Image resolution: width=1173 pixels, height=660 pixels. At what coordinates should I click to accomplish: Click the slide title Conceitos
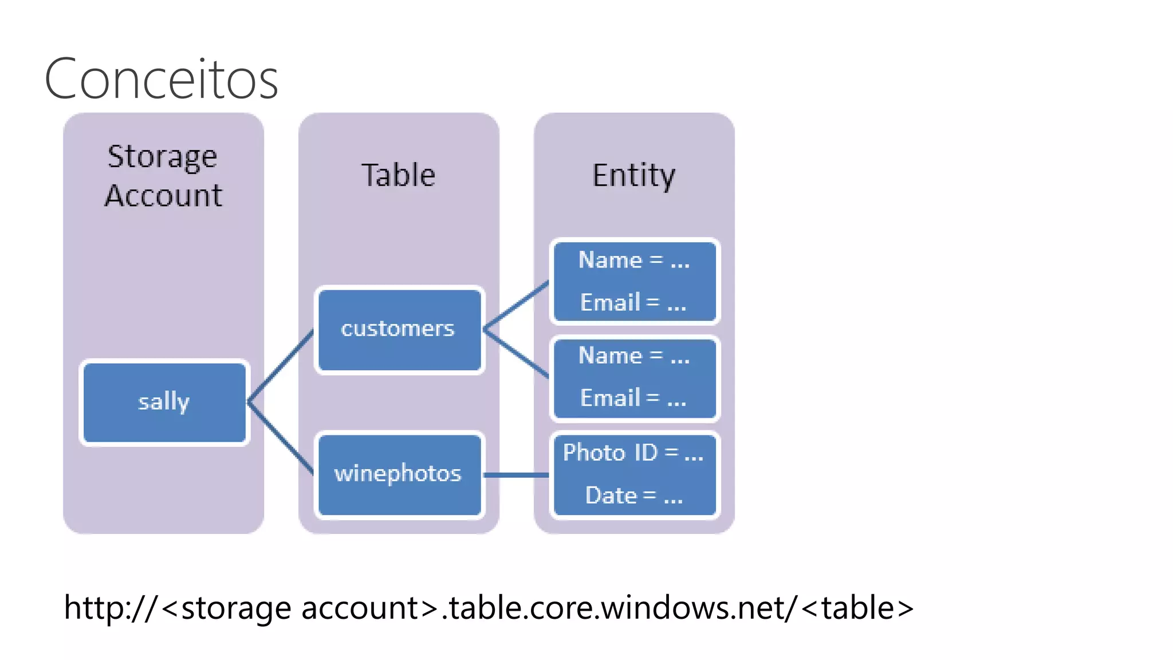click(x=161, y=79)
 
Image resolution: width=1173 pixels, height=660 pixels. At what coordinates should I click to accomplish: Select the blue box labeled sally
click(x=164, y=402)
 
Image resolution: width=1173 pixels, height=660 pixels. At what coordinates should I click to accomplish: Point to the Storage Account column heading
click(x=163, y=175)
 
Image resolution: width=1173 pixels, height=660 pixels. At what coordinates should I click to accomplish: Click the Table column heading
click(x=399, y=175)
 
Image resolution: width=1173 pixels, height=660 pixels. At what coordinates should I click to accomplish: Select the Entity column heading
click(x=633, y=175)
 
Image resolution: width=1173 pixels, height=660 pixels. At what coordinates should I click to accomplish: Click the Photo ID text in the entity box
click(x=611, y=453)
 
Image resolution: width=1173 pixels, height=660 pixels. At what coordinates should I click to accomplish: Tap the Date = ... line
click(x=633, y=496)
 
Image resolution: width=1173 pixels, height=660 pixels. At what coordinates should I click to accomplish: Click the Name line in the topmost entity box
click(x=633, y=261)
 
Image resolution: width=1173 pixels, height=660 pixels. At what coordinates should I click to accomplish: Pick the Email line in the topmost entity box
click(x=633, y=302)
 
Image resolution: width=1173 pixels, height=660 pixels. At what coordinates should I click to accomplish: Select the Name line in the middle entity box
click(x=633, y=356)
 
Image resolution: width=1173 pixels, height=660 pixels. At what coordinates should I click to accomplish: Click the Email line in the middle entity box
click(x=633, y=398)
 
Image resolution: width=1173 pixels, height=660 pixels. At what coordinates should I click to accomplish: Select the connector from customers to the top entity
click(x=515, y=305)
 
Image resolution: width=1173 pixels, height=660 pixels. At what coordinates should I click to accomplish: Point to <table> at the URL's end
click(x=857, y=608)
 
